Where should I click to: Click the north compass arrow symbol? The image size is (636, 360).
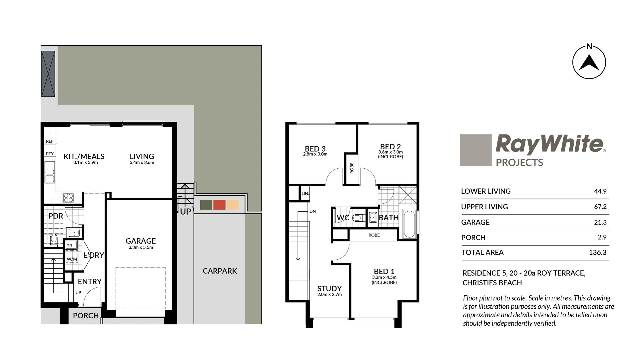coord(589,63)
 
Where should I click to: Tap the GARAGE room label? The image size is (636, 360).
coord(141,241)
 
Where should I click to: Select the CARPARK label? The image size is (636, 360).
coord(220,271)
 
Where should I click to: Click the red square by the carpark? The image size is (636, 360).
coord(219,205)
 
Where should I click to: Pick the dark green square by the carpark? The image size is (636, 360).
coord(206,205)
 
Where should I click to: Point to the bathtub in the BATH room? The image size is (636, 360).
coord(409,224)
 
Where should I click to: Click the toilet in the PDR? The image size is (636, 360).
coord(53,239)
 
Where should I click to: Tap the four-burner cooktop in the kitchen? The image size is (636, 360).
coord(68,198)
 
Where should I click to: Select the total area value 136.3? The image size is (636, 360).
coord(597,252)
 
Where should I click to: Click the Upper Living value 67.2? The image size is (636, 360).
coord(600,207)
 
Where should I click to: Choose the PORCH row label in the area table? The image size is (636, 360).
coord(473,238)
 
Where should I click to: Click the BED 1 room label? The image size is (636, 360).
coord(384,271)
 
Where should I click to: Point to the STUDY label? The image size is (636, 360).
coord(329,289)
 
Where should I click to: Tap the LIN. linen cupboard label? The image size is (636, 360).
coord(305,193)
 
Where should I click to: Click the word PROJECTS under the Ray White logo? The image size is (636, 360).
coord(519,163)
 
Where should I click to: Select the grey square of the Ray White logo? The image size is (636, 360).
coord(475,150)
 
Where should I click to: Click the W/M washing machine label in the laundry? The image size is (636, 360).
coord(72,259)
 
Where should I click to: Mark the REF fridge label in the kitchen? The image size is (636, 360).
coord(50,141)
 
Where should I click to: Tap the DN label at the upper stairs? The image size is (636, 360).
coord(312,211)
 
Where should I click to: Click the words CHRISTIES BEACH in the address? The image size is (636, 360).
coord(492,283)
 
